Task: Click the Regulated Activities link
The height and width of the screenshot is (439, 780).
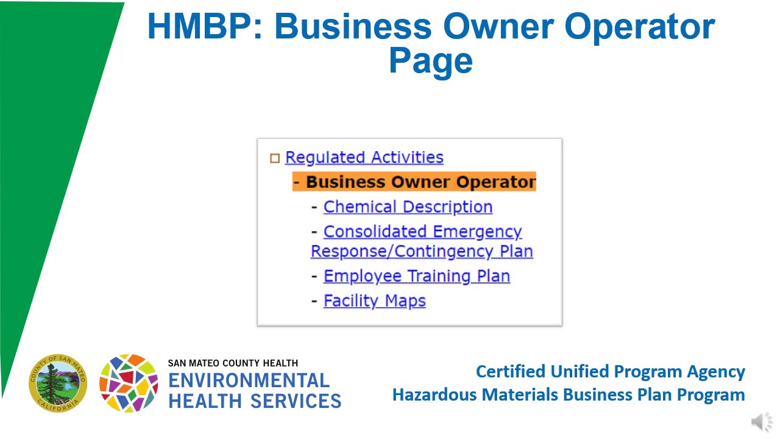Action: pos(364,157)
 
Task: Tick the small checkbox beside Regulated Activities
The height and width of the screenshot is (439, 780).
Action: pos(275,159)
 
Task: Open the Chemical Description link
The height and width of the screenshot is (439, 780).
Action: pos(408,207)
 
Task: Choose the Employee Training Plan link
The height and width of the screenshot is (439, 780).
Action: pos(416,276)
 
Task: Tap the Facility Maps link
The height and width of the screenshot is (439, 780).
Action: pos(374,301)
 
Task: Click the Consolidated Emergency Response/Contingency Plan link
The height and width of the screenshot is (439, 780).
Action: pos(422,241)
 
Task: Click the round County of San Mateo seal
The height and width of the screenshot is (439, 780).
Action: pos(58,383)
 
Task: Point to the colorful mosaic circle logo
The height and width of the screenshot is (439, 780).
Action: pos(129,383)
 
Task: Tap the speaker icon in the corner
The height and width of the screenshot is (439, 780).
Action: pos(761,422)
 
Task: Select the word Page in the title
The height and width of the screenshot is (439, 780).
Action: pos(431,60)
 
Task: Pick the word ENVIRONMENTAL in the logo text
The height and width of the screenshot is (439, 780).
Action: pos(249,380)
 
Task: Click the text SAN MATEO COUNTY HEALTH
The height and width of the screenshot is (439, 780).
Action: pos(233,363)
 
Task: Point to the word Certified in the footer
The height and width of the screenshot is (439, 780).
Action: pos(510,371)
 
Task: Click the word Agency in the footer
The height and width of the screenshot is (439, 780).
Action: pos(716,371)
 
